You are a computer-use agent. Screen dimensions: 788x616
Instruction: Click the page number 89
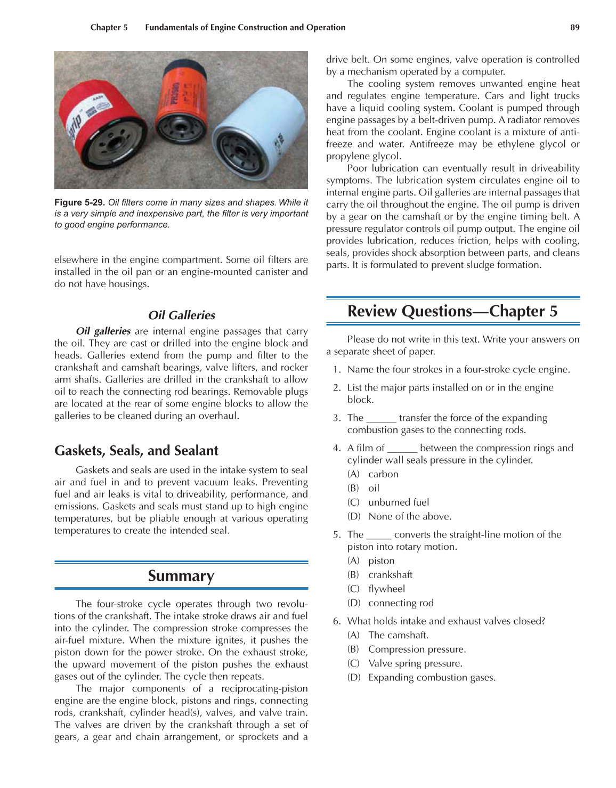[x=574, y=27]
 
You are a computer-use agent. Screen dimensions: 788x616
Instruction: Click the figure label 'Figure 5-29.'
[x=79, y=202]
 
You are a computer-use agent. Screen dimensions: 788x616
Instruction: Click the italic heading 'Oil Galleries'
[x=181, y=315]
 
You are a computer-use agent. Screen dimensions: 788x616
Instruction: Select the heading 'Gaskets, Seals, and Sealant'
[x=136, y=451]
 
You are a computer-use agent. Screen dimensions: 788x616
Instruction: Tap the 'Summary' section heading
[x=181, y=576]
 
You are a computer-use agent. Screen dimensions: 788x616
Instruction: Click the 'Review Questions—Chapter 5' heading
[x=452, y=311]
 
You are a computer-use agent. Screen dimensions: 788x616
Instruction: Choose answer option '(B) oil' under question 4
[x=374, y=488]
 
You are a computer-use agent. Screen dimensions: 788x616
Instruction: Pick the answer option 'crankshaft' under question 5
[x=390, y=575]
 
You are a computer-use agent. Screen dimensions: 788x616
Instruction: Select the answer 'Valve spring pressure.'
[x=415, y=663]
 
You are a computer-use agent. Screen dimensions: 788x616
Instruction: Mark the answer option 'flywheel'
[x=386, y=589]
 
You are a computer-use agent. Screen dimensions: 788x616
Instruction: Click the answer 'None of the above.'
[x=410, y=516]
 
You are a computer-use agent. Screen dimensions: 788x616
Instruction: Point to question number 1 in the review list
[x=336, y=370]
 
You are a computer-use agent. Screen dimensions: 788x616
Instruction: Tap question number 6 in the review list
[x=336, y=621]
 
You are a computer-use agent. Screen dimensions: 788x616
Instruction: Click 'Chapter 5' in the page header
[x=109, y=27]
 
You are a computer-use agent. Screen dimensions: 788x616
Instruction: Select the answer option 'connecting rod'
[x=401, y=603]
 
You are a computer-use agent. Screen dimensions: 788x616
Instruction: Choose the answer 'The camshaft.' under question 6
[x=398, y=635]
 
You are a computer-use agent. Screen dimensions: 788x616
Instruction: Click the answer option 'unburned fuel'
[x=399, y=502]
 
